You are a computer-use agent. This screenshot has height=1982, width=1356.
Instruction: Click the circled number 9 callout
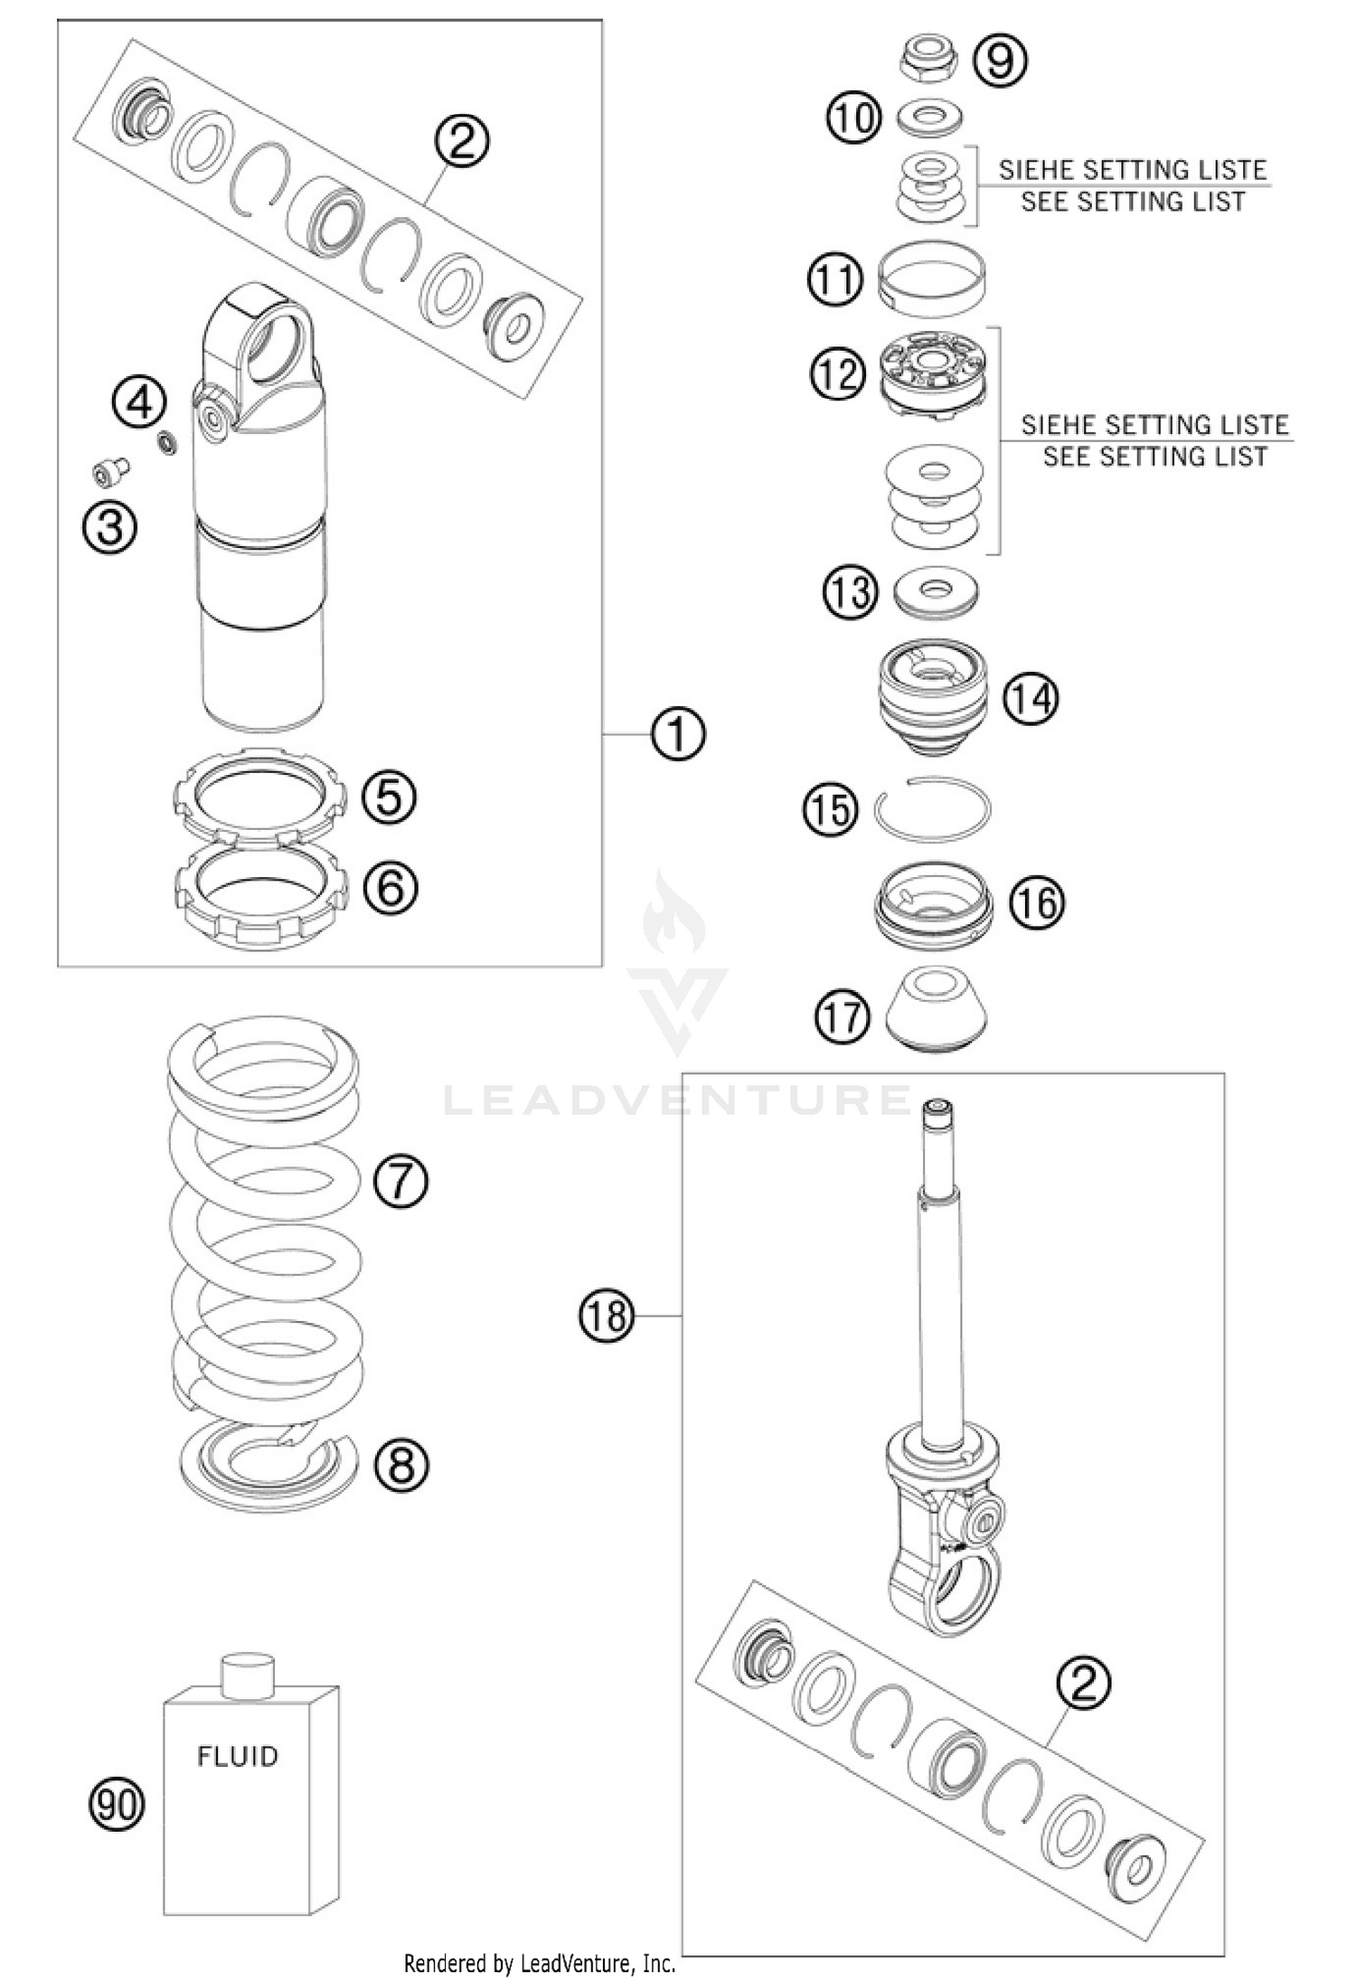1000,60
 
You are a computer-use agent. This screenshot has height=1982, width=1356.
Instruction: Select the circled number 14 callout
1031,699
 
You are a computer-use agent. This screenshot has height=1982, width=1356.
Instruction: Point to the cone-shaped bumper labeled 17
935,1010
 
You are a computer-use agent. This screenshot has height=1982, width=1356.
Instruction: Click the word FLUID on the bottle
237,1756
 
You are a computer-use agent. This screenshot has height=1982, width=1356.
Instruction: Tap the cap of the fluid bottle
248,1674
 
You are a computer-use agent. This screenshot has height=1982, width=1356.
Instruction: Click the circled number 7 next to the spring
400,1180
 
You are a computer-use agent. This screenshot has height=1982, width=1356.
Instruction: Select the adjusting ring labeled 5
260,795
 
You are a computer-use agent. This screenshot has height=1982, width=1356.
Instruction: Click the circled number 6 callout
391,888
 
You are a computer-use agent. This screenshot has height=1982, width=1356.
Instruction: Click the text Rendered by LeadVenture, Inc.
540,1962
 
